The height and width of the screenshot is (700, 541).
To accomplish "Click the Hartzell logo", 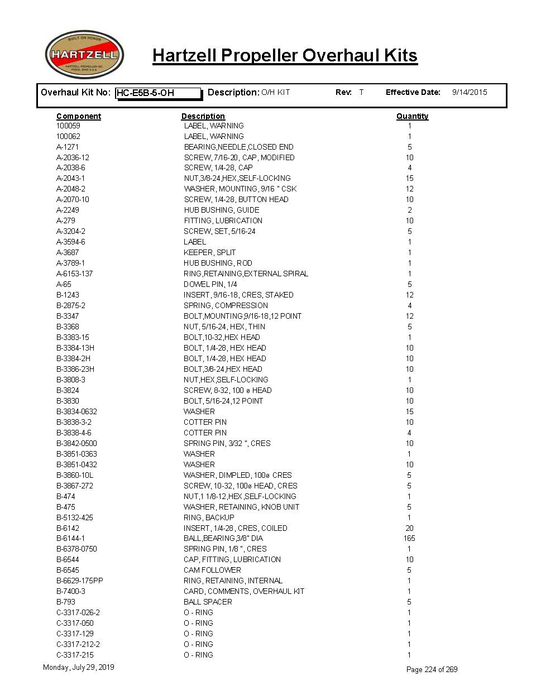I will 84,55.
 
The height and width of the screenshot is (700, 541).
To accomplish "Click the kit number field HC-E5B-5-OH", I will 158,93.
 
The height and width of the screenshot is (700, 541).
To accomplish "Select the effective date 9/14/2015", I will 469,92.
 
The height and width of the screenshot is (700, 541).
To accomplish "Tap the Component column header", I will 79,116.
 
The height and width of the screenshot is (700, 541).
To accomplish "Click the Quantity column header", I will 412,116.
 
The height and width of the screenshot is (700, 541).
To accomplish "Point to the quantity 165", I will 409,538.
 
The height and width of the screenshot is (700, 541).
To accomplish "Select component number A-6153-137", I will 74,274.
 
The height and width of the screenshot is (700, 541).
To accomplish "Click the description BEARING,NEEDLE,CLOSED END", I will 238,147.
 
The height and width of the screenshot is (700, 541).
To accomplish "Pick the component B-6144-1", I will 70,538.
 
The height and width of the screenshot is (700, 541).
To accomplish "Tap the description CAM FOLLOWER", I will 212,570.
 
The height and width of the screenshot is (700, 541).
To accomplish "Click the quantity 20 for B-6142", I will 409,528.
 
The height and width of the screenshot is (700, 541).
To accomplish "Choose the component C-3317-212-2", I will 78,644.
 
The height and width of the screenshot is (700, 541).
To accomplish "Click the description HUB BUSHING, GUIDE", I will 221,210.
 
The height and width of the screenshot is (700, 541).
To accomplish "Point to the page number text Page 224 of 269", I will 432,669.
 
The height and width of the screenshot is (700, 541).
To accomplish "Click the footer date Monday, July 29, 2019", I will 78,667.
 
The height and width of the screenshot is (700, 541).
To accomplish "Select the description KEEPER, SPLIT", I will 209,252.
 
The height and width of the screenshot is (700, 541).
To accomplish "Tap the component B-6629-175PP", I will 79,581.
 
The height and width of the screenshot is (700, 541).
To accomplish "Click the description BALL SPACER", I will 208,602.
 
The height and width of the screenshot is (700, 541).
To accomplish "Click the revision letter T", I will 361,92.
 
